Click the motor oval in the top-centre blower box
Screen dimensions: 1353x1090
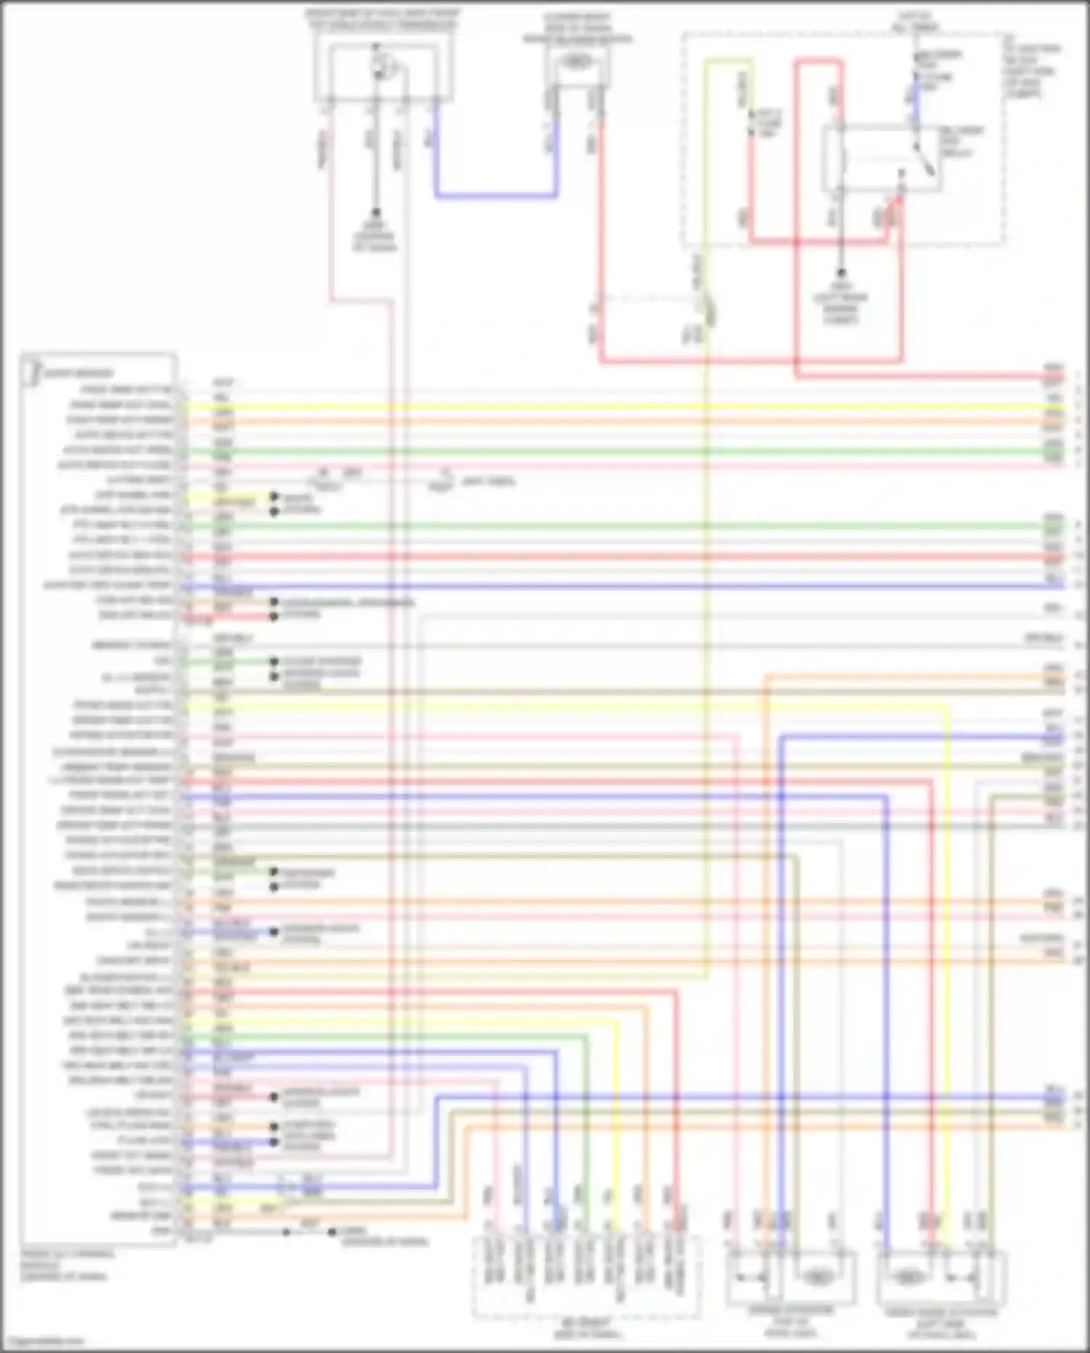[x=576, y=63]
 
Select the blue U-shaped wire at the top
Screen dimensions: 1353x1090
[x=496, y=195]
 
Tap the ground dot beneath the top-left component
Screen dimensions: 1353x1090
[x=376, y=214]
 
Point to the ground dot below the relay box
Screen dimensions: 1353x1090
[x=841, y=274]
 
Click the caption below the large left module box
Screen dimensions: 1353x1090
[x=65, y=1264]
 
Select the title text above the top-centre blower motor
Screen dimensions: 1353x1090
[x=577, y=28]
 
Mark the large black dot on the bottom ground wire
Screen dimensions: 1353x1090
[x=332, y=1232]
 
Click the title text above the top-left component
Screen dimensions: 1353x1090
[x=382, y=19]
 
